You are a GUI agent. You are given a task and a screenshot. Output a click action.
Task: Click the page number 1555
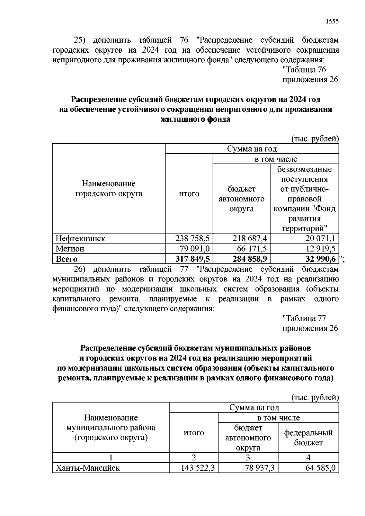[332, 22]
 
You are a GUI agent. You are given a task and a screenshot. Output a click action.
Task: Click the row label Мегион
[70, 249]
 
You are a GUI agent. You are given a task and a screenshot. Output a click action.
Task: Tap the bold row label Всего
[66, 259]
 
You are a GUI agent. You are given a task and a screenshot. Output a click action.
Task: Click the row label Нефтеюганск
[80, 238]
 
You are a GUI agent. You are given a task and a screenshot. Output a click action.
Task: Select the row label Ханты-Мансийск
[88, 468]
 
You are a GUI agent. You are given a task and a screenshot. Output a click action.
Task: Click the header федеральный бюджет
[308, 438]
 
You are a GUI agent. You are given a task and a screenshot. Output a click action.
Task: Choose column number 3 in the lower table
[248, 458]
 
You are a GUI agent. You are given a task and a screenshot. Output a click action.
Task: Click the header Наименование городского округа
[109, 189]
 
